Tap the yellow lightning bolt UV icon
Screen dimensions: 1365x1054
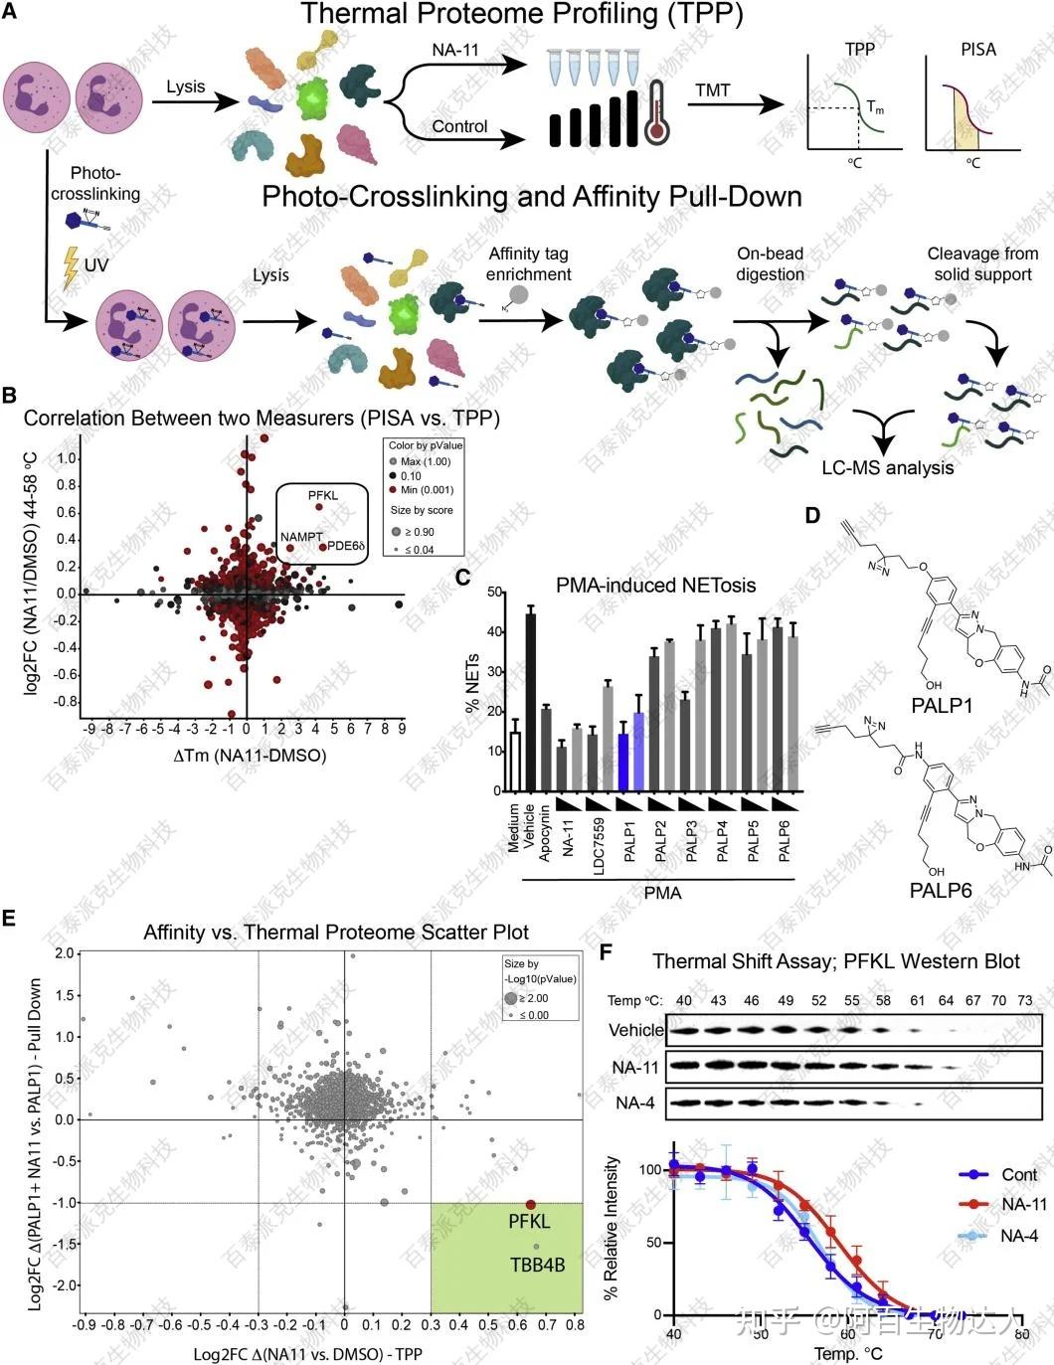pyautogui.click(x=71, y=266)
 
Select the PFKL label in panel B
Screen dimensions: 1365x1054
pyautogui.click(x=323, y=494)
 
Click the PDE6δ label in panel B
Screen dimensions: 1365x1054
pyautogui.click(x=348, y=546)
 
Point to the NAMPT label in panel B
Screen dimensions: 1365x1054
pyautogui.click(x=301, y=537)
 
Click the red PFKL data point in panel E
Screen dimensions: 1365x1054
pyautogui.click(x=531, y=1205)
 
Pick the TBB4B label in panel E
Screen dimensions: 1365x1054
pyautogui.click(x=537, y=1265)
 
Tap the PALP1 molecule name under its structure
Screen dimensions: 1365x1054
pyautogui.click(x=942, y=705)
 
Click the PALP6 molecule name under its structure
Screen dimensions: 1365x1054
pyautogui.click(x=941, y=890)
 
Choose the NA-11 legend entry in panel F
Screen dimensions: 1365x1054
pyautogui.click(x=1023, y=1204)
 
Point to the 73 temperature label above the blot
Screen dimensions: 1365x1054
pyautogui.click(x=1025, y=1000)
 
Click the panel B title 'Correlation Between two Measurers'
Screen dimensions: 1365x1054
pyautogui.click(x=262, y=419)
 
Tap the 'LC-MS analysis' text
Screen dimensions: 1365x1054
pyautogui.click(x=887, y=467)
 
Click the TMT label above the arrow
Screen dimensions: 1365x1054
pyautogui.click(x=712, y=90)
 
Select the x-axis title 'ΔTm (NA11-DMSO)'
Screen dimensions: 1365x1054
pyautogui.click(x=250, y=756)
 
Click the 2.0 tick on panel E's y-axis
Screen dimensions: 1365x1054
pyautogui.click(x=65, y=953)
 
